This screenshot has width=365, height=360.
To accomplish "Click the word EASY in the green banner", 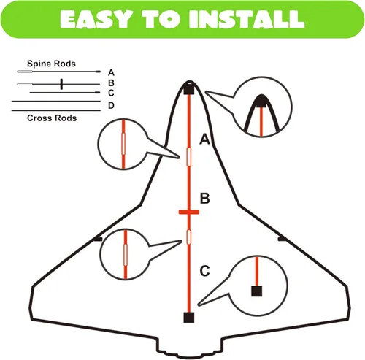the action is coord(95,20).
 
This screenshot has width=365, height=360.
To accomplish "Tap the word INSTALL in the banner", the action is coord(247,20).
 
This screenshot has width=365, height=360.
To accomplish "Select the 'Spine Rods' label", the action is coord(51,64).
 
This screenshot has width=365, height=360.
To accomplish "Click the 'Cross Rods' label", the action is coord(52,118).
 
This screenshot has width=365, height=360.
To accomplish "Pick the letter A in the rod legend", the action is coord(111,72).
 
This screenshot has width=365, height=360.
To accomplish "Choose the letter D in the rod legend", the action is coord(111,106).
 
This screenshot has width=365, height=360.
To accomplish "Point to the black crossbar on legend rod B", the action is coord(61,84).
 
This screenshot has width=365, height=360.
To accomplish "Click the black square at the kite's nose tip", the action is coord(189,89).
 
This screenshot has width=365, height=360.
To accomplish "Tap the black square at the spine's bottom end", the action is coord(189,318).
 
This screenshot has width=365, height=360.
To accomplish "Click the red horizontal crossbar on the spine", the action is coord(189,212).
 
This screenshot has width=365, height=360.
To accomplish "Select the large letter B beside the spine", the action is coord(204,198).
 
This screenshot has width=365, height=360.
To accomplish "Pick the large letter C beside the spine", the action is coord(204,271).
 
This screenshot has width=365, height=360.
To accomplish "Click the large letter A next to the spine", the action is coord(204,139).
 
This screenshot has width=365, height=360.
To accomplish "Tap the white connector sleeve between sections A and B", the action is coord(189,157).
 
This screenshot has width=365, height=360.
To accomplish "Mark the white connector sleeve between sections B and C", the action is coord(189,237).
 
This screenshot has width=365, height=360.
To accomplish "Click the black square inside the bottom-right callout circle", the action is coord(257,291).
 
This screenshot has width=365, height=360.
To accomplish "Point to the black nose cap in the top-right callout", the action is coord(261,101).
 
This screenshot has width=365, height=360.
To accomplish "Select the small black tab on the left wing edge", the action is coord(98,240).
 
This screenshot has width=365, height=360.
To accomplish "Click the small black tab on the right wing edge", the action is coord(283,239).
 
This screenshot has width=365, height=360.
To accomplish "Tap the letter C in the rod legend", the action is coord(111,93).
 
